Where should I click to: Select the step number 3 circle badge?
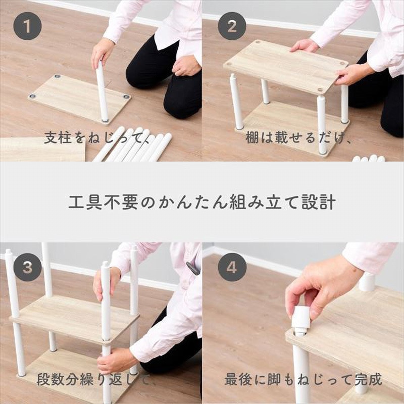(x=27, y=267)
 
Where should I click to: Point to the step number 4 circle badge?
(x=232, y=267)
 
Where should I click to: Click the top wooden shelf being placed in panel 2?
(x=285, y=66)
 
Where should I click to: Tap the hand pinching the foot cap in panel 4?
(x=323, y=288)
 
